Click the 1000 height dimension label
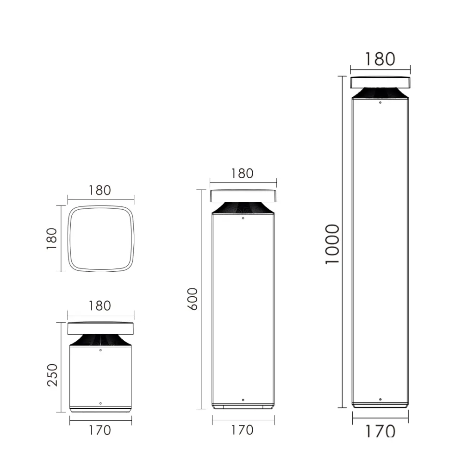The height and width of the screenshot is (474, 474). [332, 244]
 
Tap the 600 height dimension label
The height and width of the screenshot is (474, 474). [193, 299]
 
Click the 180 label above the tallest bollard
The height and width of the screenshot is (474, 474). [380, 59]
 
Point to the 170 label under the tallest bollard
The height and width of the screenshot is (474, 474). [380, 431]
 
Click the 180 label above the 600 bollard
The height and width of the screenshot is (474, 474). [242, 173]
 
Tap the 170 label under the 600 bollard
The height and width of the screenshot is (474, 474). [242, 430]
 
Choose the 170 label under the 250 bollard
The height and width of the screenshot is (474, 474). [100, 430]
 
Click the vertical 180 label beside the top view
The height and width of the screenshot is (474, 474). [51, 239]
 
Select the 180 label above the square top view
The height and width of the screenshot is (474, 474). [100, 190]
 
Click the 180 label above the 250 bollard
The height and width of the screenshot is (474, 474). [100, 306]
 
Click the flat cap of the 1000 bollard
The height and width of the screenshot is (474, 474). [380, 82]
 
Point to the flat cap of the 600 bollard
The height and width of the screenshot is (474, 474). [243, 196]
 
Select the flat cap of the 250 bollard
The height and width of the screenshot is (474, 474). [101, 328]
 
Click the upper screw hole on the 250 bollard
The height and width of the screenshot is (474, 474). [101, 350]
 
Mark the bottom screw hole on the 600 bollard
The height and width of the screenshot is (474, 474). [243, 399]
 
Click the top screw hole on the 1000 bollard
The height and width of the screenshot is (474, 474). [380, 103]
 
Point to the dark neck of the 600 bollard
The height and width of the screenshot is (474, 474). [243, 208]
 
